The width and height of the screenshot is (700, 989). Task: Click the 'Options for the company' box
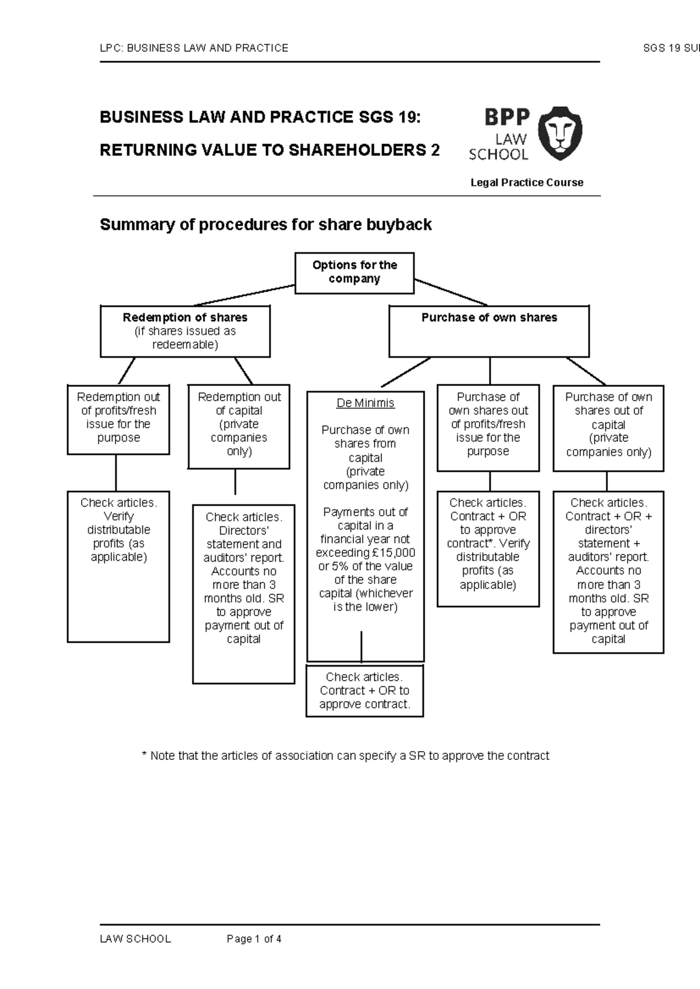coord(354,272)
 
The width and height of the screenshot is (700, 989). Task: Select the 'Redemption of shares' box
coord(185,331)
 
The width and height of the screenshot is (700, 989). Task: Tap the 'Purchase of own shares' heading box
coord(489,331)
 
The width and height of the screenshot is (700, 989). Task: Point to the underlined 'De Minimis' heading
coord(365,403)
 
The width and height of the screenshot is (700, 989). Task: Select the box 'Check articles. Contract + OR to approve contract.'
coord(365,690)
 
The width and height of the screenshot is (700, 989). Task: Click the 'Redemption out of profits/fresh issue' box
coord(118,419)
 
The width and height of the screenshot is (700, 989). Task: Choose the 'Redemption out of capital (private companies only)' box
coord(239,426)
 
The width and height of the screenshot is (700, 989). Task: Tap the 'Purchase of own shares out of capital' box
coord(608,427)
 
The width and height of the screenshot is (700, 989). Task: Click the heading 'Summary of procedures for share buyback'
coord(265,225)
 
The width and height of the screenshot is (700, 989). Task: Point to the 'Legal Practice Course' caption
coord(527,183)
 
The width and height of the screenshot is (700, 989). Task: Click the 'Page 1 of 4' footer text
coord(254,939)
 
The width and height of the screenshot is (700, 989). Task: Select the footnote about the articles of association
coord(345,756)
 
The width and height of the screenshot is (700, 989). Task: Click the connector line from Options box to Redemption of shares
coord(245,295)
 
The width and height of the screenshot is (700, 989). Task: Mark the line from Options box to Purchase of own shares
coord(450,292)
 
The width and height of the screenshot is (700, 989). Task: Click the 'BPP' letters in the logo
coord(507,118)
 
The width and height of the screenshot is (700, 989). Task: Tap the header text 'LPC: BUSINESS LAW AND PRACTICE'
coord(194,48)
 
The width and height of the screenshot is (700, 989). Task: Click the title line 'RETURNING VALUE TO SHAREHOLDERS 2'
coord(269,150)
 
